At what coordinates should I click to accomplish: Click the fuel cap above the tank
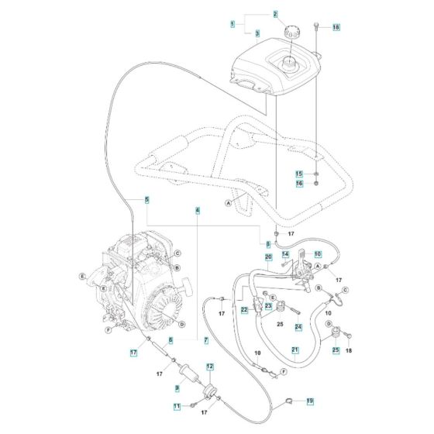pyautogui.click(x=294, y=34)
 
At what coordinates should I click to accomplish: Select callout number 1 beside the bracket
pyautogui.click(x=232, y=25)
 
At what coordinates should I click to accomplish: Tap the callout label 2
pyautogui.click(x=253, y=15)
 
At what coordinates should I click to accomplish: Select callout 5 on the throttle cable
pyautogui.click(x=146, y=200)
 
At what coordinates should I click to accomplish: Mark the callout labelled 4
pyautogui.click(x=198, y=210)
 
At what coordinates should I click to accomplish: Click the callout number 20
pyautogui.click(x=268, y=257)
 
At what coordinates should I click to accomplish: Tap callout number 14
pyautogui.click(x=285, y=253)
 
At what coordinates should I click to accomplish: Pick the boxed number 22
pyautogui.click(x=243, y=311)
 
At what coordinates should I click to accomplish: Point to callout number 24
pyautogui.click(x=298, y=327)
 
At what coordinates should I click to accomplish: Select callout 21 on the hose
pyautogui.click(x=294, y=351)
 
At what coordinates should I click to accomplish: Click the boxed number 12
pyautogui.click(x=209, y=366)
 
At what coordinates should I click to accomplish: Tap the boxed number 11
pyautogui.click(x=176, y=406)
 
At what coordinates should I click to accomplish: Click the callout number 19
pyautogui.click(x=309, y=401)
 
